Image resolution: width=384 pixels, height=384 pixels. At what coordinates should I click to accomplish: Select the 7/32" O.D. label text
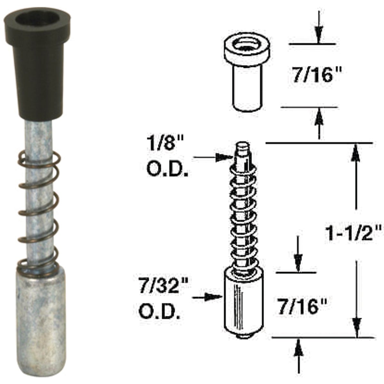tap(163, 299)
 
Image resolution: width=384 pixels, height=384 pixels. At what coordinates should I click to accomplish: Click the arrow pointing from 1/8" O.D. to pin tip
tap(214, 157)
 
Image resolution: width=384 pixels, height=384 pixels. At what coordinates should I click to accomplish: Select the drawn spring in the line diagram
tap(243, 221)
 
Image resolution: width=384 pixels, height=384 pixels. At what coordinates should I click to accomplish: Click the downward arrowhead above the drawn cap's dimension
tap(319, 34)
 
